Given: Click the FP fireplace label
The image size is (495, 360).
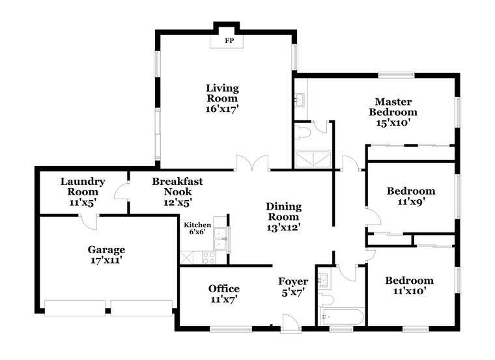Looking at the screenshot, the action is click(x=229, y=41).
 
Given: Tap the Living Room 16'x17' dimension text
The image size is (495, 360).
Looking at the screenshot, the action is click(x=222, y=109).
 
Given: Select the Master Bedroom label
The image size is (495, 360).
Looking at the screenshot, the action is click(x=393, y=107).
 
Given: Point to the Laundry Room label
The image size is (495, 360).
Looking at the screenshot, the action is click(x=83, y=186).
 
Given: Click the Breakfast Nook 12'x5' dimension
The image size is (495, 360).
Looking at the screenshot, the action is click(x=178, y=202).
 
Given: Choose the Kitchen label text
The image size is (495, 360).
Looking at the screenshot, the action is click(x=197, y=225).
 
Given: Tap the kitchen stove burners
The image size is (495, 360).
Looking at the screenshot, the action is click(x=208, y=257).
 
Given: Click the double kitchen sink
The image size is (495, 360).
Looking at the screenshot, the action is click(x=220, y=239).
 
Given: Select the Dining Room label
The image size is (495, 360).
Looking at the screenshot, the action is click(x=283, y=212).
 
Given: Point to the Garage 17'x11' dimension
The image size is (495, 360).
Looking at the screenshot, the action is click(x=106, y=260).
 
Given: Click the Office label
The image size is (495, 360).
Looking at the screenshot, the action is click(x=224, y=288).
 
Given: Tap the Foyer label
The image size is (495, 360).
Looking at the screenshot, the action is click(x=293, y=281).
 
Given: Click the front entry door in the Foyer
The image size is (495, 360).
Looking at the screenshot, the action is click(x=290, y=323).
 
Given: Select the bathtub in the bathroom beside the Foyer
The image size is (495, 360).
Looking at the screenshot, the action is click(x=342, y=316).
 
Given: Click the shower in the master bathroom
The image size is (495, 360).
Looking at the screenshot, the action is click(x=313, y=159).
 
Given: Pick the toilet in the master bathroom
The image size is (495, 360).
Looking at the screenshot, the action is click(x=302, y=132).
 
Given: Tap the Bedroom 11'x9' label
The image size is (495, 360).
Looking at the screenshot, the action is click(x=411, y=196).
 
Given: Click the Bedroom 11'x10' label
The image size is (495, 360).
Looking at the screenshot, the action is click(x=409, y=286).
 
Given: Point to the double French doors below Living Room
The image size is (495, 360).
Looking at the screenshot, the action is click(x=252, y=163).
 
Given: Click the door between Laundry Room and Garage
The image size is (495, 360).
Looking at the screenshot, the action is click(x=89, y=221).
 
